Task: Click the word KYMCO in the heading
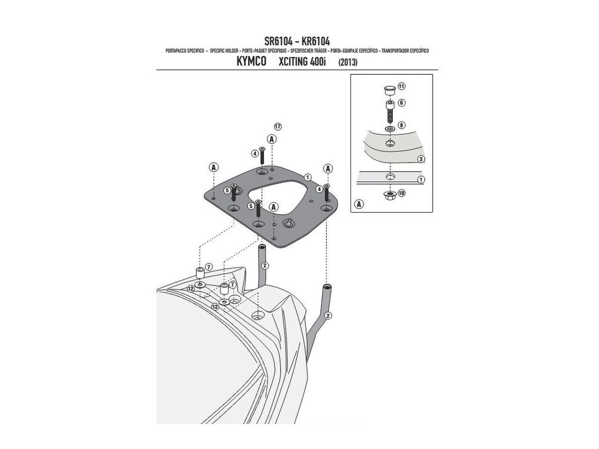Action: pyautogui.click(x=251, y=61)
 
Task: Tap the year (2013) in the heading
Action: pyautogui.click(x=347, y=62)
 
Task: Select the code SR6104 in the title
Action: pyautogui.click(x=279, y=41)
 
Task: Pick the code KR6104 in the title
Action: pyautogui.click(x=315, y=41)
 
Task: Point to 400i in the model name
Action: pyautogui.click(x=318, y=61)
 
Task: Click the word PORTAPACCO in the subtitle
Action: pyautogui.click(x=176, y=51)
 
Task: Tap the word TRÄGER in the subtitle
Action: pyautogui.click(x=320, y=51)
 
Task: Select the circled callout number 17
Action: pyautogui.click(x=278, y=127)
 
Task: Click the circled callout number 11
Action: pyautogui.click(x=401, y=86)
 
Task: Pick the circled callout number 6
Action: pyautogui.click(x=401, y=103)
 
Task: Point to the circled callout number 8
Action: pyautogui.click(x=401, y=125)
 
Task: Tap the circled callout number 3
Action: pyautogui.click(x=421, y=159)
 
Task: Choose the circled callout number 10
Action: pyautogui.click(x=401, y=193)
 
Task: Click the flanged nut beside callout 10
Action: pyautogui.click(x=390, y=195)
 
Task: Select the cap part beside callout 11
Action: pyautogui.click(x=390, y=90)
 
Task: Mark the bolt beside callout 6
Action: pyautogui.click(x=390, y=111)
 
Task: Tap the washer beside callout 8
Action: pyautogui.click(x=390, y=129)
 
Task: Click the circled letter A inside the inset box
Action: pyautogui.click(x=359, y=204)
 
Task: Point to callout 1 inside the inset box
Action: pyautogui.click(x=421, y=180)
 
